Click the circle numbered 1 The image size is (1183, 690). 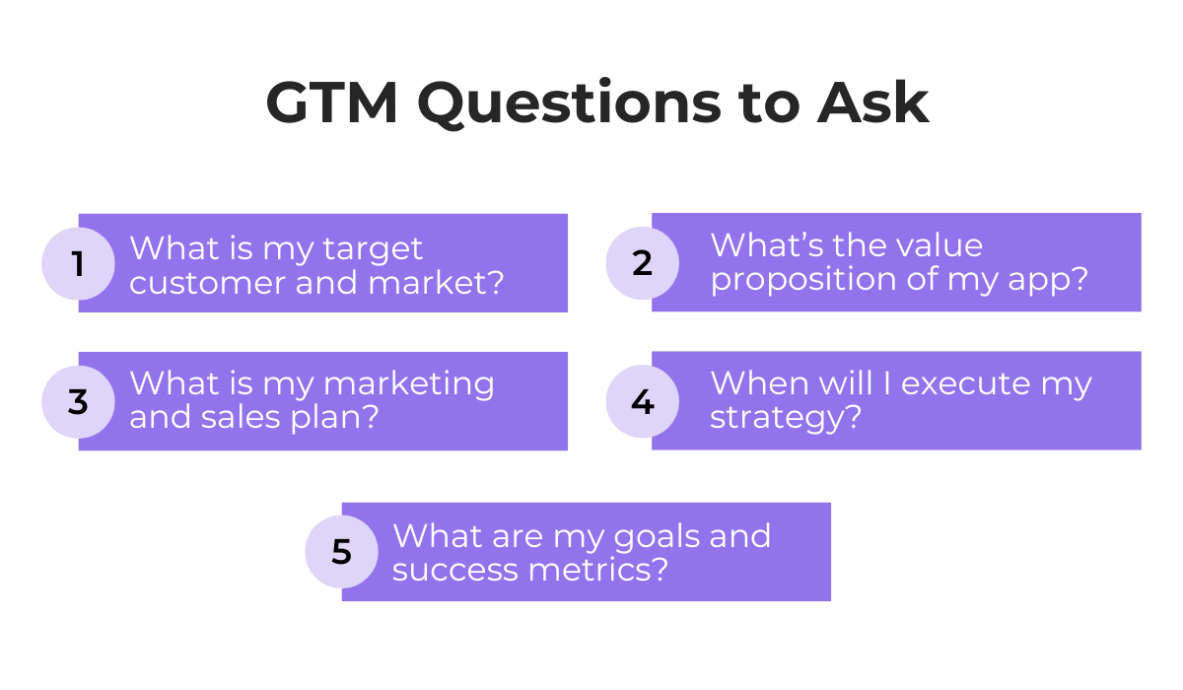pos(78,264)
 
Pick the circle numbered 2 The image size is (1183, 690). pos(642,263)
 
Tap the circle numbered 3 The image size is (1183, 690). pos(78,402)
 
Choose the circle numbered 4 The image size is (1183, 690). pos(642,402)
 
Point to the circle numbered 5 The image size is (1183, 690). pos(341,552)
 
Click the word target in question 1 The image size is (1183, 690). pos(376,248)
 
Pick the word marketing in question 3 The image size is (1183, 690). pos(409,384)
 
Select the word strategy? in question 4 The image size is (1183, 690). pos(786,418)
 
